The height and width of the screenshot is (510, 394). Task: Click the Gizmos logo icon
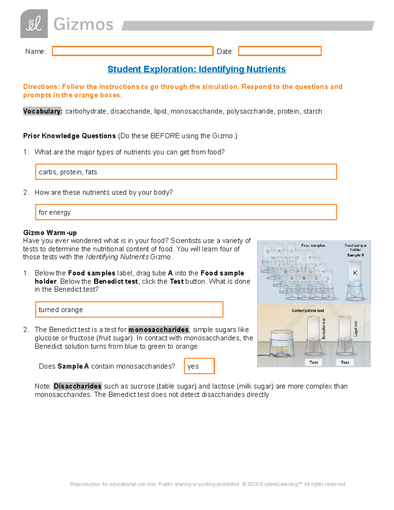(x=34, y=24)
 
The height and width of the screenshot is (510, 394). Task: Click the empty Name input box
(x=132, y=51)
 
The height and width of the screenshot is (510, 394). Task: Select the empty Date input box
(x=279, y=51)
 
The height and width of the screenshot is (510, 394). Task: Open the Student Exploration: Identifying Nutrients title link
(x=197, y=69)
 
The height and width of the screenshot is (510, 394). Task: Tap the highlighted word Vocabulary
(x=42, y=111)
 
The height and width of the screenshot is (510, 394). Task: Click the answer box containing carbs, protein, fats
(x=186, y=172)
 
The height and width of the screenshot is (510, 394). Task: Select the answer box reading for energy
(x=186, y=212)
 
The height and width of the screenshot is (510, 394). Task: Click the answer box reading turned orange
(x=129, y=309)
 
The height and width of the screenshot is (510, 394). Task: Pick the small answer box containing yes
(x=199, y=366)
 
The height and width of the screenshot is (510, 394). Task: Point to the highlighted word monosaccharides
(x=158, y=330)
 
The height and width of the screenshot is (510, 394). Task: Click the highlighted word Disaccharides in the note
(x=77, y=386)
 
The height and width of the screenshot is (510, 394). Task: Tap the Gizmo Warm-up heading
(x=50, y=233)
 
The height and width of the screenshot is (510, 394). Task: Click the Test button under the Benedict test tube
(x=313, y=362)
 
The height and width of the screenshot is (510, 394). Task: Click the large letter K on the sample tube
(x=355, y=273)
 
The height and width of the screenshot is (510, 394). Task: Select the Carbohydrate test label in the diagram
(x=308, y=310)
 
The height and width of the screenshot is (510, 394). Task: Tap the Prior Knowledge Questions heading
(x=69, y=136)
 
